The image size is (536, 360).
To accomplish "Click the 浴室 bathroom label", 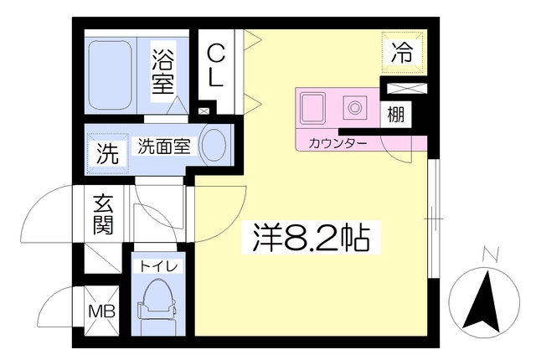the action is tap(163, 71).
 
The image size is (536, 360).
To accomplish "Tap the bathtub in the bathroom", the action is tap(110, 75).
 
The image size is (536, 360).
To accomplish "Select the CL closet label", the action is tap(216, 66).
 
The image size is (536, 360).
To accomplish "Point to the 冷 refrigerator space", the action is tap(402, 52).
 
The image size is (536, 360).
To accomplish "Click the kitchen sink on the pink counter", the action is tap(312, 108).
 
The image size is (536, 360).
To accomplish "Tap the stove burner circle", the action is tap(355, 108).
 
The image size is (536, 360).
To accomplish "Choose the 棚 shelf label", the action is tap(396, 114).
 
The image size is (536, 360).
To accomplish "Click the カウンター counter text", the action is tap(338, 143).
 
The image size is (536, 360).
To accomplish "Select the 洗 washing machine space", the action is tap(108, 154).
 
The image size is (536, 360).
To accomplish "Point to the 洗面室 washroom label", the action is tap(164, 147).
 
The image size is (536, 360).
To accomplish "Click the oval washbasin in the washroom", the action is tap(214, 145).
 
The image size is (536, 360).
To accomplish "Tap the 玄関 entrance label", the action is tap(103, 214).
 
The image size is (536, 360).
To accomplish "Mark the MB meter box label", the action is tap(101, 311).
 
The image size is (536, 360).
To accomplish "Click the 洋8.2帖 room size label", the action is tap(311, 237).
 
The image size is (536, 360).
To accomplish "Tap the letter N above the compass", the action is tap(492, 255).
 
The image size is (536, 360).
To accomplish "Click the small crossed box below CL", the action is tap(204, 111).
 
